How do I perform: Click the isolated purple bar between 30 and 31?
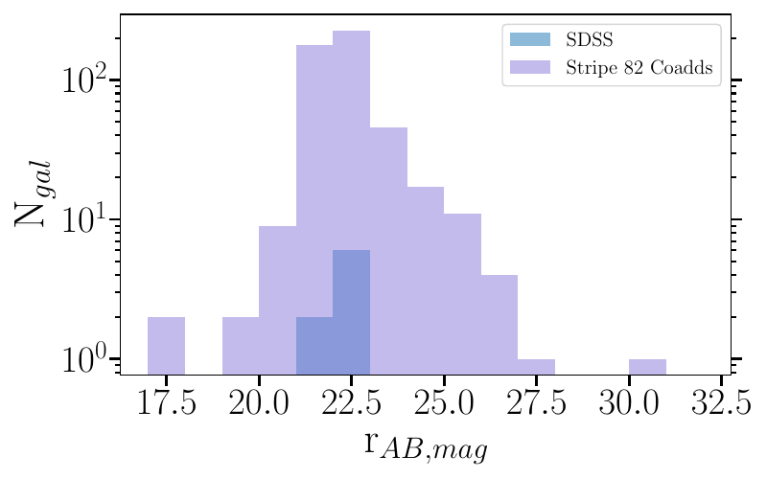pyautogui.click(x=647, y=366)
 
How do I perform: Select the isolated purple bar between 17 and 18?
pyautogui.click(x=167, y=345)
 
